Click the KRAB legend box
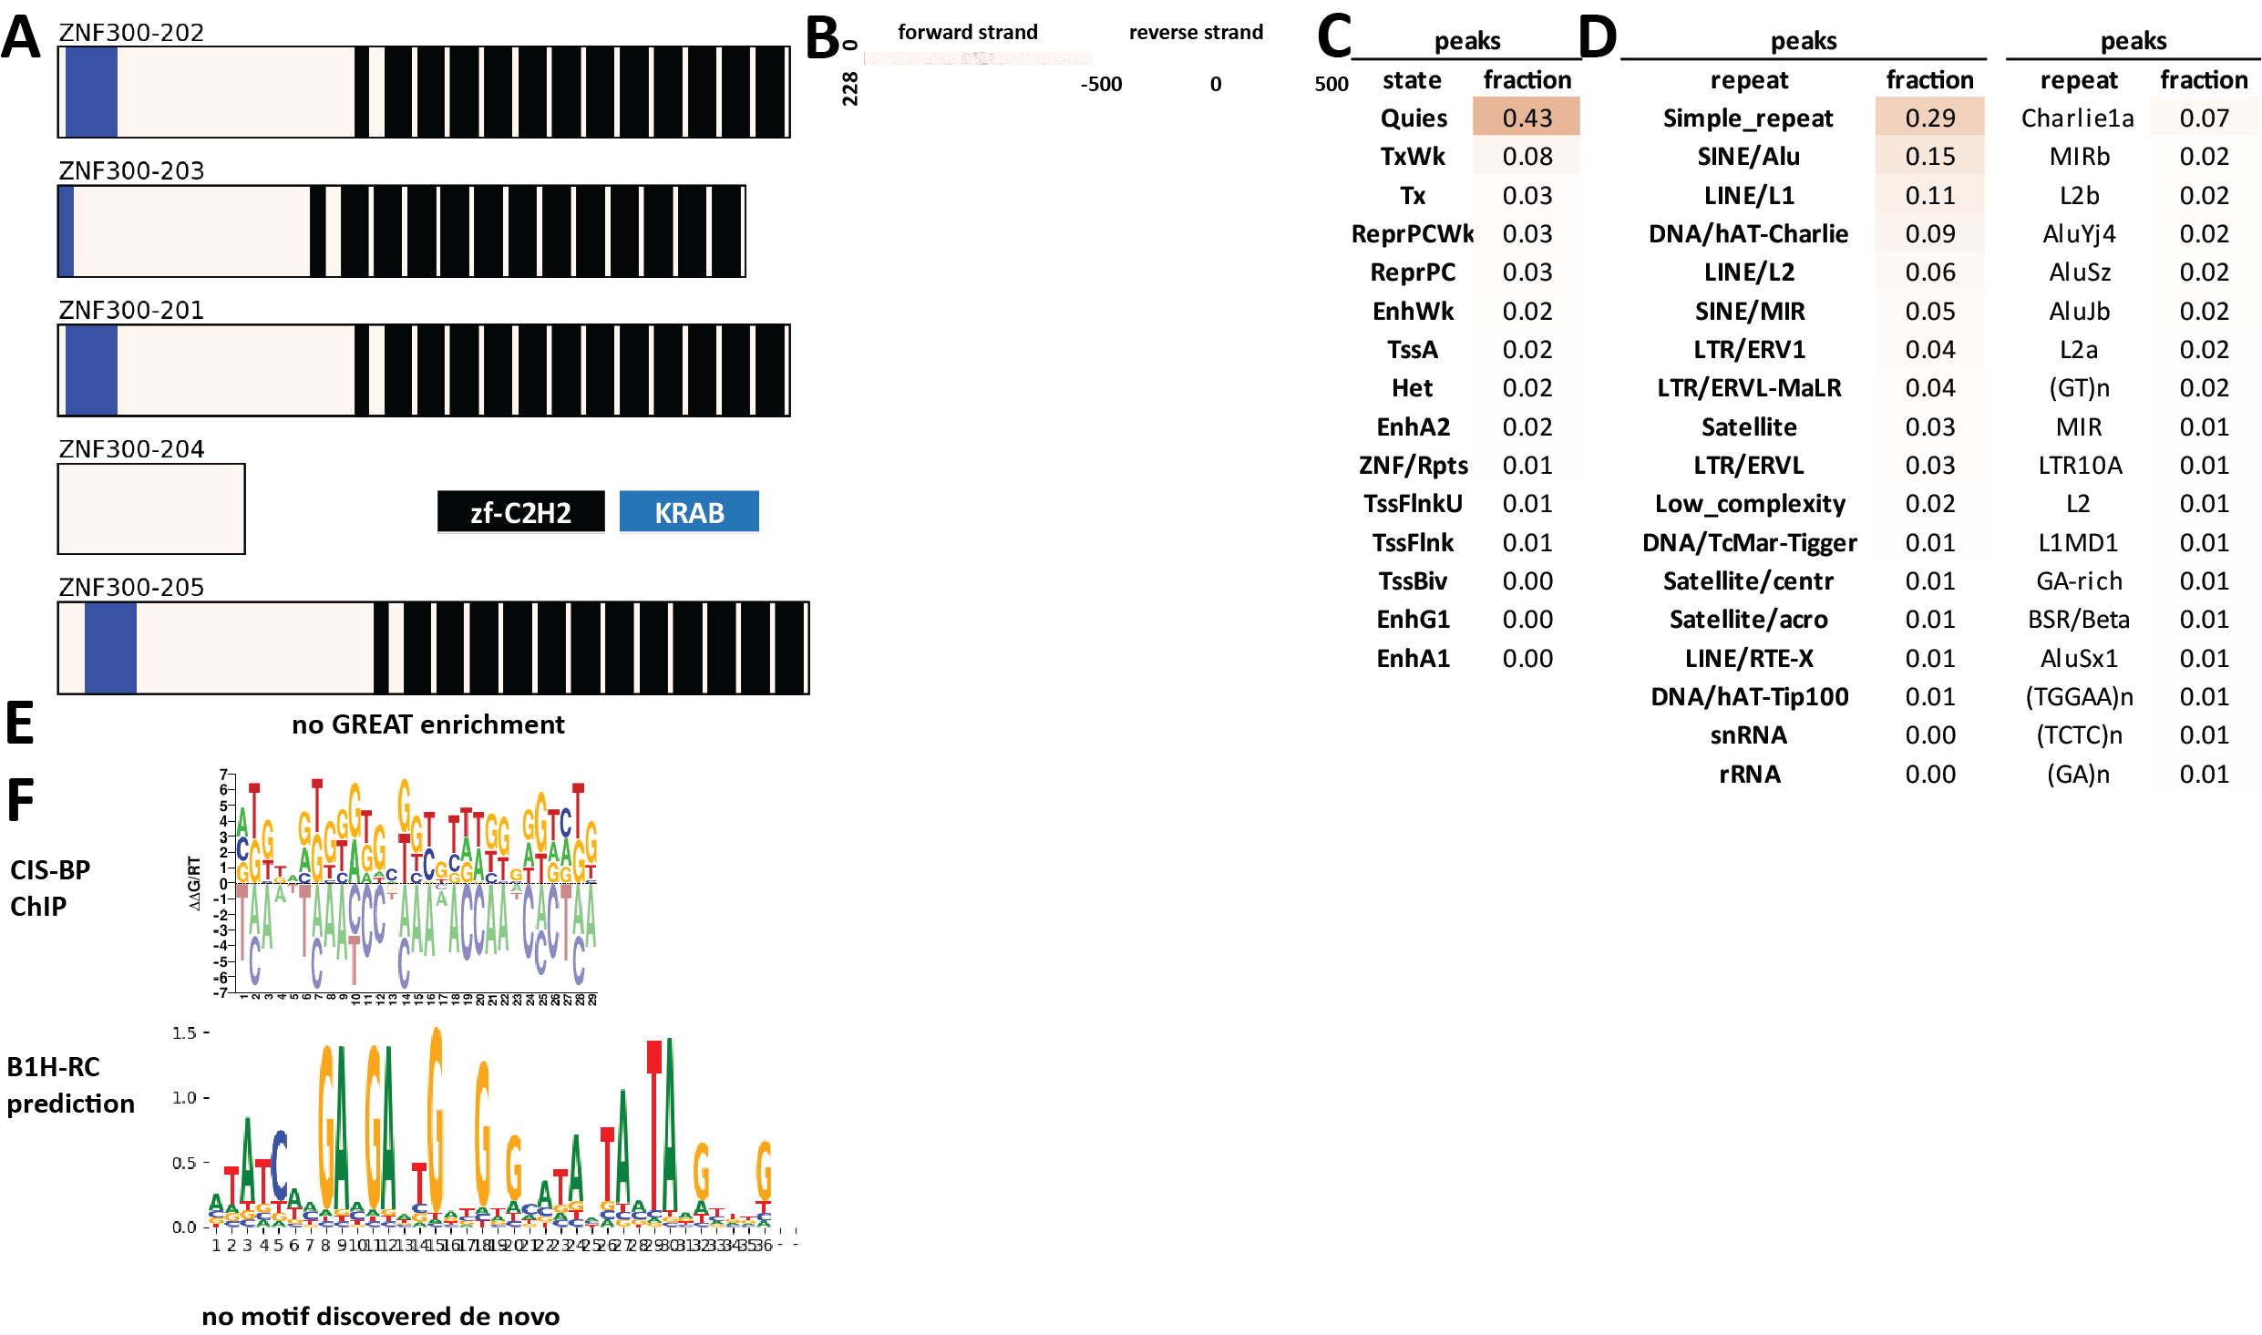pyautogui.click(x=689, y=512)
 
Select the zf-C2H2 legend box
pyautogui.click(x=520, y=512)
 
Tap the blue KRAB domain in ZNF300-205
pyautogui.click(x=110, y=648)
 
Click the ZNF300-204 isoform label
pyautogui.click(x=131, y=449)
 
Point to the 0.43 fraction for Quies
pyautogui.click(x=1527, y=118)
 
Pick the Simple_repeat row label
pyautogui.click(x=1747, y=118)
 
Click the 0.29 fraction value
pyautogui.click(x=1929, y=118)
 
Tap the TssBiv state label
pyautogui.click(x=1413, y=581)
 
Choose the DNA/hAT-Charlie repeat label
pyautogui.click(x=1748, y=234)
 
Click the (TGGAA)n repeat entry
pyautogui.click(x=2079, y=697)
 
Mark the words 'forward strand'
pyautogui.click(x=967, y=33)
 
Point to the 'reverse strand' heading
pyautogui.click(x=1196, y=33)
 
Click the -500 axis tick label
pyautogui.click(x=1101, y=85)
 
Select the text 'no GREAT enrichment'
pyautogui.click(x=428, y=724)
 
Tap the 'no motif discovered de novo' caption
pyautogui.click(x=381, y=1316)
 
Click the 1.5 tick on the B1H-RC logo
pyautogui.click(x=184, y=1033)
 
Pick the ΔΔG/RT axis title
pyautogui.click(x=194, y=883)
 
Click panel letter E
pyautogui.click(x=20, y=724)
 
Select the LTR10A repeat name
pyautogui.click(x=2080, y=466)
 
